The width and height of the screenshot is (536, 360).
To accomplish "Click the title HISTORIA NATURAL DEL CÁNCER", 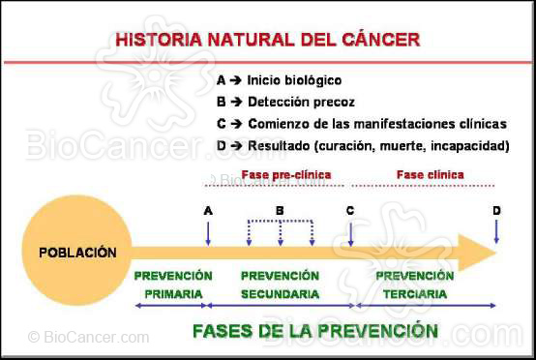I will click(x=267, y=41).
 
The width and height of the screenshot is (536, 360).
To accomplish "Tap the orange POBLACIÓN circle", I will click(x=77, y=253).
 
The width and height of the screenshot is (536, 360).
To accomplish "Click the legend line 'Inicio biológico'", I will click(x=280, y=80).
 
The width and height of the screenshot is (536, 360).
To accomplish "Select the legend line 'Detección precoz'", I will click(x=286, y=102).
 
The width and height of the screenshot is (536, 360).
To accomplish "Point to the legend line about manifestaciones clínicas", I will click(x=362, y=124).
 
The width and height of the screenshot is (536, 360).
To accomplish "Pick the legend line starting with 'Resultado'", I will click(x=363, y=145).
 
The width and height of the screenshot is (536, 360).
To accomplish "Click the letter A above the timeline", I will click(x=208, y=210).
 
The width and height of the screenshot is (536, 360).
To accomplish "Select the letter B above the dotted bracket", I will click(x=280, y=210).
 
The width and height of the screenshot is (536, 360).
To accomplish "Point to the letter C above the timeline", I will click(x=350, y=210).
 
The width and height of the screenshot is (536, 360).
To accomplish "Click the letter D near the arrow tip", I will click(x=496, y=210).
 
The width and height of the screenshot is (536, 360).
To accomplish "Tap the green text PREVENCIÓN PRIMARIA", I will click(x=174, y=285).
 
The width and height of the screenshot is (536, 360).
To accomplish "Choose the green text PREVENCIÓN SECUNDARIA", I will click(x=280, y=285).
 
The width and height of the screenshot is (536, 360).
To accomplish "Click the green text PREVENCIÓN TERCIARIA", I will click(x=414, y=285).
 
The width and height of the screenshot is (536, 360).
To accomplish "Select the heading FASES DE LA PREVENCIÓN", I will click(x=314, y=330).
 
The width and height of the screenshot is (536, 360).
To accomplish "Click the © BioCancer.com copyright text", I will click(x=88, y=338).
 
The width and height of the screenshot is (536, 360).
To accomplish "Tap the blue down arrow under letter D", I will click(x=496, y=232).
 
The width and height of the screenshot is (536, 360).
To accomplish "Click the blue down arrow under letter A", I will click(x=208, y=232).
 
